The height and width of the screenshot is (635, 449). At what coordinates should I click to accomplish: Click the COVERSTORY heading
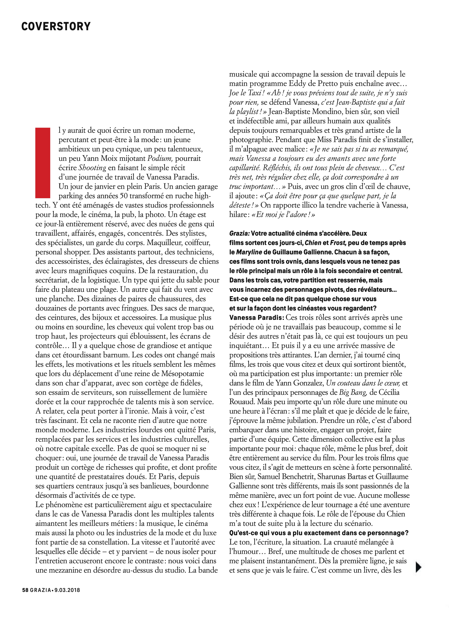pyautogui.click(x=56, y=26)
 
